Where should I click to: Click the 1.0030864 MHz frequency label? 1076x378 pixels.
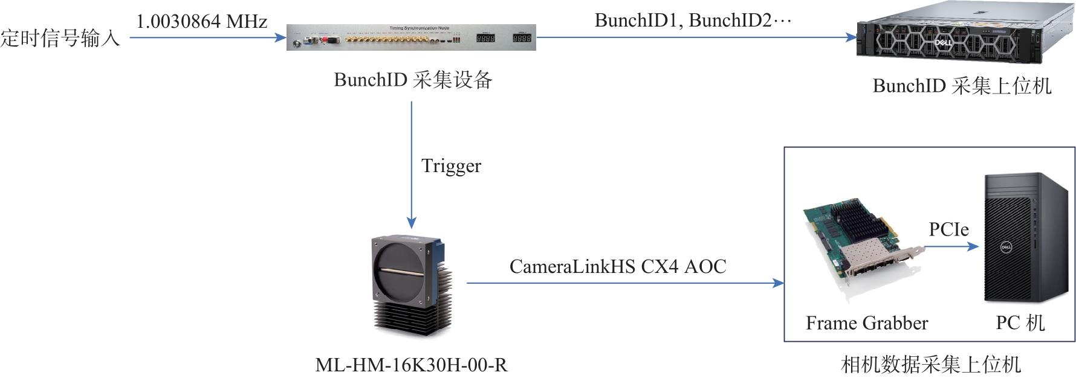[x=201, y=22]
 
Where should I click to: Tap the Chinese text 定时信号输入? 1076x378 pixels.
[x=60, y=38]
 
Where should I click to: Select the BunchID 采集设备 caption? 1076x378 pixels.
[x=413, y=80]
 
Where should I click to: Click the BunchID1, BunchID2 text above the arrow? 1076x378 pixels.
[x=693, y=21]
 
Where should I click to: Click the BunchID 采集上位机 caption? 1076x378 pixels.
[x=962, y=86]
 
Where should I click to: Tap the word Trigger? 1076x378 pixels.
[x=451, y=166]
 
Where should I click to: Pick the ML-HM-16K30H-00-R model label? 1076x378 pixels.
[x=411, y=365]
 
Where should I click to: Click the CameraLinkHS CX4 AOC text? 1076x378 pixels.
[x=617, y=266]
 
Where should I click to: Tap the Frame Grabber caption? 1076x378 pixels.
[x=866, y=323]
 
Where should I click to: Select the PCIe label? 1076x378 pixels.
[x=948, y=229]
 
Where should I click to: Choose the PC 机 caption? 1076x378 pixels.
[x=1020, y=323]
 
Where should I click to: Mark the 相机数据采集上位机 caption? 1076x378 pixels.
[x=930, y=365]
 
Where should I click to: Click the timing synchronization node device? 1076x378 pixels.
[x=411, y=37]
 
